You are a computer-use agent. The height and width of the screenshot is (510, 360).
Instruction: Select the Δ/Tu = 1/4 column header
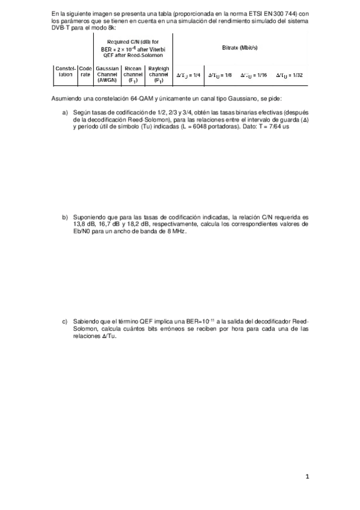(x=188, y=75)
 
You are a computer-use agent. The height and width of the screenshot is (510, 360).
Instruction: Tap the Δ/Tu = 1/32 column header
(x=290, y=75)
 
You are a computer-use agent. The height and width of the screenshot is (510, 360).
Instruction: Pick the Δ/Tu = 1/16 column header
(x=254, y=75)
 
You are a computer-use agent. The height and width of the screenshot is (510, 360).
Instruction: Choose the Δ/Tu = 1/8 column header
(x=220, y=75)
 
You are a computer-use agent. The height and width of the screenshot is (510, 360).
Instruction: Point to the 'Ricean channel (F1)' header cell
(x=133, y=75)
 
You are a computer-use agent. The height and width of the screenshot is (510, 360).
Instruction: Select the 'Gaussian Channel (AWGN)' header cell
(x=107, y=75)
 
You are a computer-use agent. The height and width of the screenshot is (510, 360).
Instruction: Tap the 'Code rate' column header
(x=85, y=72)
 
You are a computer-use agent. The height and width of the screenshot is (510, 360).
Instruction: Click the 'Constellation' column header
(x=65, y=72)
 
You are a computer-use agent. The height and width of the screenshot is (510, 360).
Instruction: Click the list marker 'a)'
(x=66, y=112)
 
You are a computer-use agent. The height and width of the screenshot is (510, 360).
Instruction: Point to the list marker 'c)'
(x=66, y=322)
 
